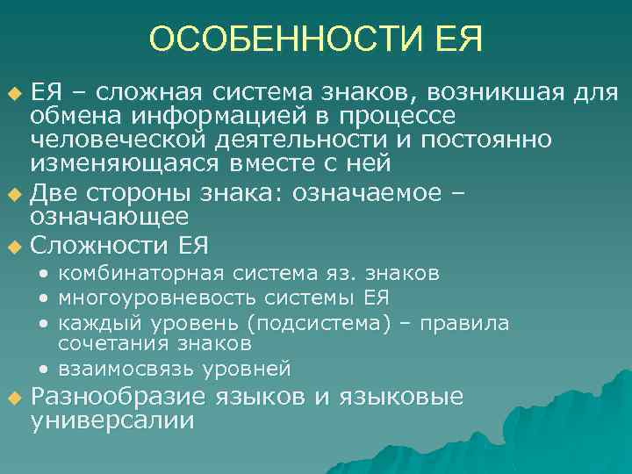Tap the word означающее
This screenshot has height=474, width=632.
point(110,217)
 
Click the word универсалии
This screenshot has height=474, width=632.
point(112,420)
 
